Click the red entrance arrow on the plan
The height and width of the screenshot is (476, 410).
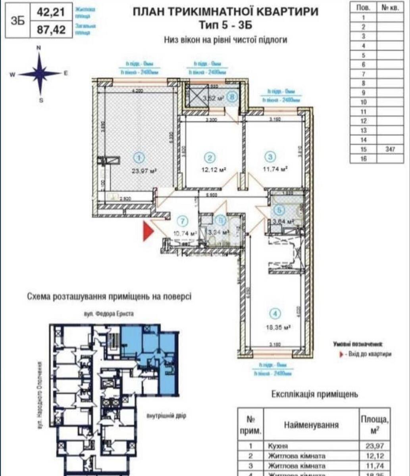click(148, 231)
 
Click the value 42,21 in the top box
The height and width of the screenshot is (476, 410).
click(51, 12)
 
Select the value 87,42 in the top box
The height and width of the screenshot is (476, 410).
click(51, 30)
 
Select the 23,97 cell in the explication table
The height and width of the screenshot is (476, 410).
click(374, 446)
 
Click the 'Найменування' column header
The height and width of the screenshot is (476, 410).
click(311, 425)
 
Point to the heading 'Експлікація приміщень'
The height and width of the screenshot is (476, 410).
click(314, 394)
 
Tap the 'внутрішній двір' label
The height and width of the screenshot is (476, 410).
click(166, 416)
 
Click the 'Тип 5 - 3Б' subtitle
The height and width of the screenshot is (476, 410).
click(225, 25)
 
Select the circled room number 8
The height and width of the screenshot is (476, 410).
click(233, 96)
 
